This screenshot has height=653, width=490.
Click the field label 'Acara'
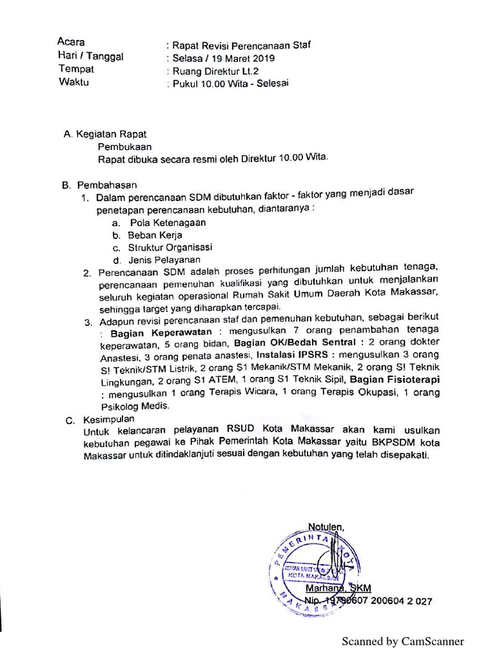click(x=71, y=42)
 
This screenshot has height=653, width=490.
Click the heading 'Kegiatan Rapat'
click(x=111, y=134)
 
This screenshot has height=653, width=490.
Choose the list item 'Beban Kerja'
click(x=155, y=235)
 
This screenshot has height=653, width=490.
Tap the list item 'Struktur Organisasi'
click(x=170, y=247)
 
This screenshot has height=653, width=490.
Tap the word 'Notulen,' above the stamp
click(x=326, y=526)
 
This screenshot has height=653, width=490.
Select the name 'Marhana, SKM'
click(x=338, y=588)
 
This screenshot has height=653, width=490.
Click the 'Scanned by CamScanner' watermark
click(x=403, y=641)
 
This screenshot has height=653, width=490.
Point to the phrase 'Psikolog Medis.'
click(x=135, y=406)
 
